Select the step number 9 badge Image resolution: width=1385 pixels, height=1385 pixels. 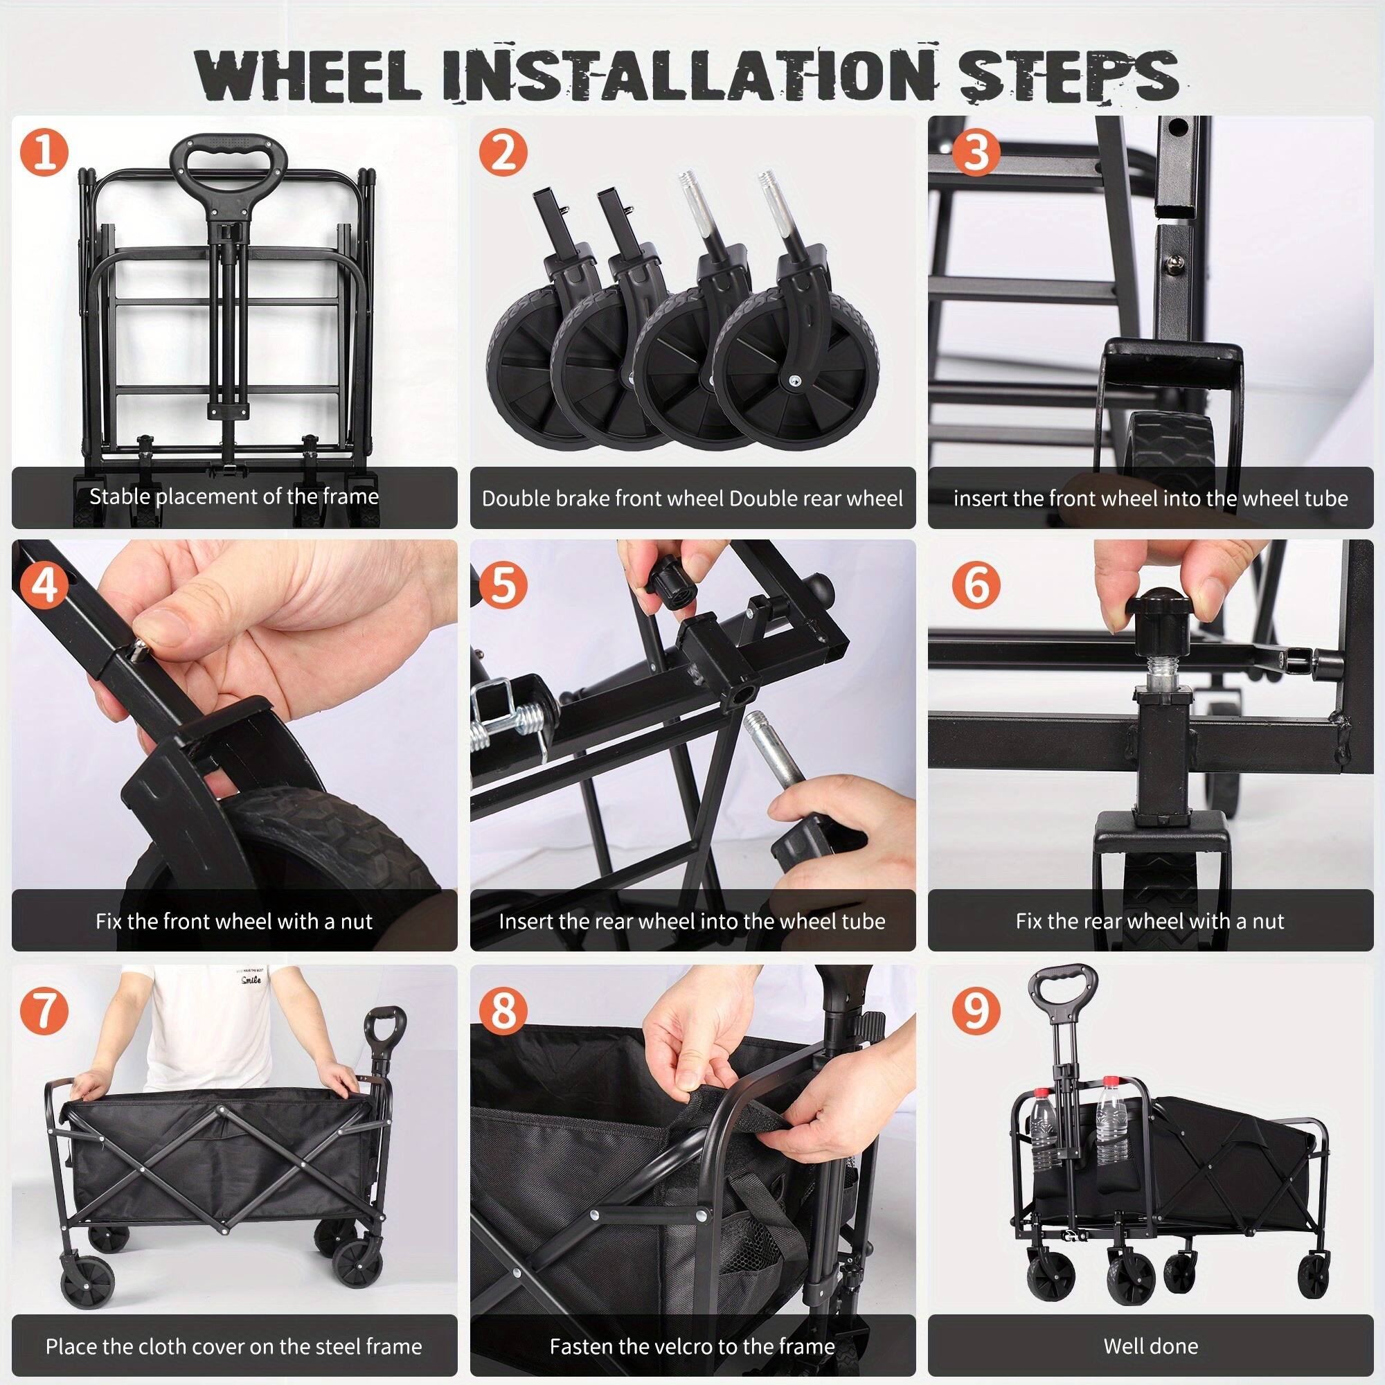click(976, 1010)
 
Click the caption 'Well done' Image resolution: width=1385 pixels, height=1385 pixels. click(1150, 1346)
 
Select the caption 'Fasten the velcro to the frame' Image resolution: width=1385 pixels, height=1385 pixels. click(692, 1346)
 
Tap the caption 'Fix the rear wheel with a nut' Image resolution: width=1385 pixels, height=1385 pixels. click(1150, 920)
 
